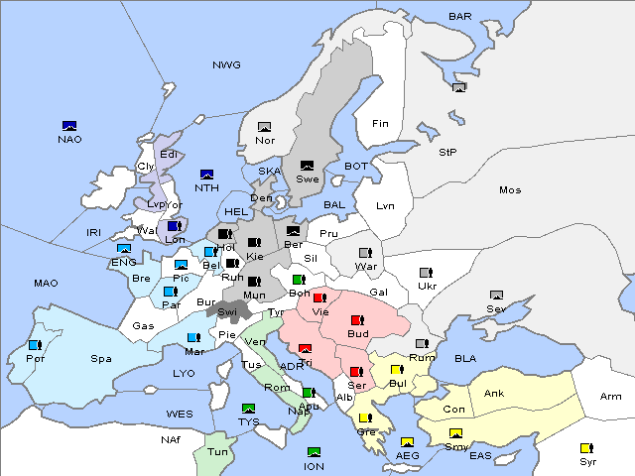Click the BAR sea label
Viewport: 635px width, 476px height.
point(460,16)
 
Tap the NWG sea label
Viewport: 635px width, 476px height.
point(226,64)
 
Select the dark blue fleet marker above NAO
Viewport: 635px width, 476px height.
point(69,126)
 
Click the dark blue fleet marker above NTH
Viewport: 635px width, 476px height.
point(207,175)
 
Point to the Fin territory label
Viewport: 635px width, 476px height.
point(379,124)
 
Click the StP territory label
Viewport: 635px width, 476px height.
point(447,152)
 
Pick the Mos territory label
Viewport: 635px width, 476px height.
point(510,189)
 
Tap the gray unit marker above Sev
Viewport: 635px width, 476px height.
point(496,296)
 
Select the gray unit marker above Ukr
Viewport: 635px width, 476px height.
point(426,273)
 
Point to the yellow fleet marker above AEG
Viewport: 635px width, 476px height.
point(407,442)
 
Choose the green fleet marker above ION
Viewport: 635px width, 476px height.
point(314,452)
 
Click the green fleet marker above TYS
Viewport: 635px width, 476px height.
point(248,408)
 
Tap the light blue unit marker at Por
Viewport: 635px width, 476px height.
point(35,345)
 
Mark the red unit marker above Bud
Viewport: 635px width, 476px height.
point(357,320)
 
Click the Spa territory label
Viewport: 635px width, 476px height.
point(100,358)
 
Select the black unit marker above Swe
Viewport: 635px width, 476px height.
point(307,166)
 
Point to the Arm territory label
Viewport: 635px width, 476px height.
point(611,397)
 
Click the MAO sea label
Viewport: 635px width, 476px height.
point(46,283)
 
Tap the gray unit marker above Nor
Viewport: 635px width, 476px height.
point(264,127)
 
